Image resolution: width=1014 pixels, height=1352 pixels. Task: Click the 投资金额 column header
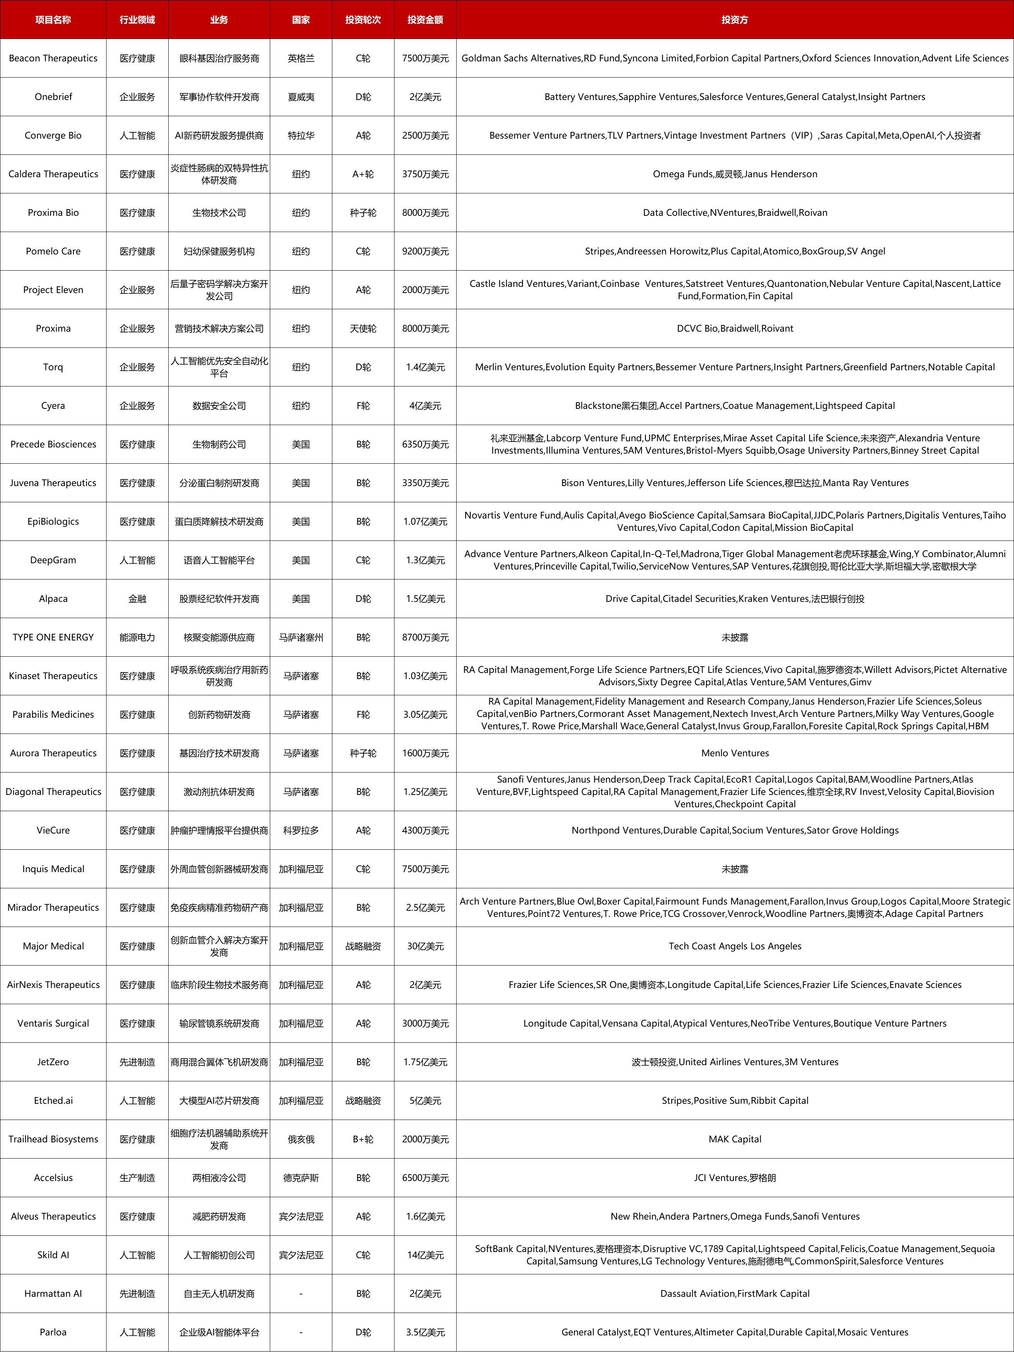(x=425, y=20)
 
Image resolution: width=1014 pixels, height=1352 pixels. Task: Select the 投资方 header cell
(x=734, y=20)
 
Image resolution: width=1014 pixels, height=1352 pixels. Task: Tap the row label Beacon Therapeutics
(x=53, y=58)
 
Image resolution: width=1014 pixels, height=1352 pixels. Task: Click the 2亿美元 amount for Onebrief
(x=425, y=97)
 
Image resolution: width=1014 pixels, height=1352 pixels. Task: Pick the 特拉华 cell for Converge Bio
(x=301, y=135)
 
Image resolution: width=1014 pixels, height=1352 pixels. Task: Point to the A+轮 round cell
(x=363, y=174)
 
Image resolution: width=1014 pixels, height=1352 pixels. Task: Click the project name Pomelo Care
(x=53, y=251)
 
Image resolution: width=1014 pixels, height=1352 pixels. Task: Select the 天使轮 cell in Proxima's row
(x=363, y=328)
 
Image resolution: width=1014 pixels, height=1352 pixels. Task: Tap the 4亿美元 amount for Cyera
(x=425, y=405)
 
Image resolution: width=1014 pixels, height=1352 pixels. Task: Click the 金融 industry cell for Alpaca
(x=137, y=598)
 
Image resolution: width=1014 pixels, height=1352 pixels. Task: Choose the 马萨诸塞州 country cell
(x=301, y=637)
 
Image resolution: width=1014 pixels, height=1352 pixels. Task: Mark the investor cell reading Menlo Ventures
(x=734, y=753)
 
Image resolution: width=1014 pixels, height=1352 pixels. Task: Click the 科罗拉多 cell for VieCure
(x=301, y=830)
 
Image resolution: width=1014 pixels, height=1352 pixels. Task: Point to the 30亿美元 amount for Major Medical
(x=425, y=946)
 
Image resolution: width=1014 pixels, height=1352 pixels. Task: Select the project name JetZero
(x=53, y=1062)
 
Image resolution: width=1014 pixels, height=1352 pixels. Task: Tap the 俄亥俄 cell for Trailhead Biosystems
(x=301, y=1139)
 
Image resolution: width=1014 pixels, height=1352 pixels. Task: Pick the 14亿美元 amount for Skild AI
(x=425, y=1255)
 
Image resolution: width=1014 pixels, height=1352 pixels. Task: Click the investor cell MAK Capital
(x=734, y=1139)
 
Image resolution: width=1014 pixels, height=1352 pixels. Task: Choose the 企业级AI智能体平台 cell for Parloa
(x=219, y=1332)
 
